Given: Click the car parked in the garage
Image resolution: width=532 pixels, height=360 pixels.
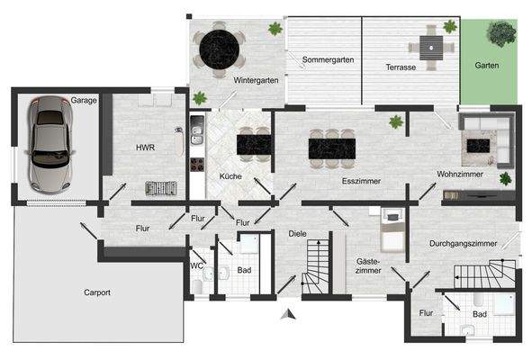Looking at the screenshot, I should coord(47,144).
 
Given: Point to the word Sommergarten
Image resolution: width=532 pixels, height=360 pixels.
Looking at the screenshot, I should coord(328,60).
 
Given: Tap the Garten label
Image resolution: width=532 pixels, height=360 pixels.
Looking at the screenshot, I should coord(487,66).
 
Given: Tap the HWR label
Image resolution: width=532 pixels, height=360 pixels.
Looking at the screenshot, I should coord(146,147).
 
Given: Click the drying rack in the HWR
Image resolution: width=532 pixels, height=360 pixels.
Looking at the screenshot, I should coord(163,188).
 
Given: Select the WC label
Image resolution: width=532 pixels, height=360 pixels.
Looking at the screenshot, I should coord(196,265).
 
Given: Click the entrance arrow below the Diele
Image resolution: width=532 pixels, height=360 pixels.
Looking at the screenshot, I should coord(288,314).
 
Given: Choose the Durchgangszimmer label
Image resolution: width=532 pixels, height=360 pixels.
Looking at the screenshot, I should coord(463,243).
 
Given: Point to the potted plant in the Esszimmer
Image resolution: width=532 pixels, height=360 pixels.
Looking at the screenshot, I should coord(394,121).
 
